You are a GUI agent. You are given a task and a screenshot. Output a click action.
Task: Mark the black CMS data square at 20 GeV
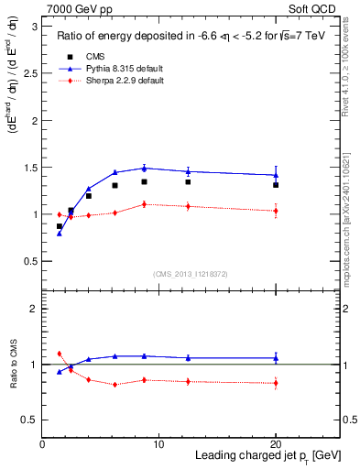[276, 185]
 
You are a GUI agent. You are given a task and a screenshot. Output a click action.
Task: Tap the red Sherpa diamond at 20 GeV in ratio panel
[276, 383]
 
